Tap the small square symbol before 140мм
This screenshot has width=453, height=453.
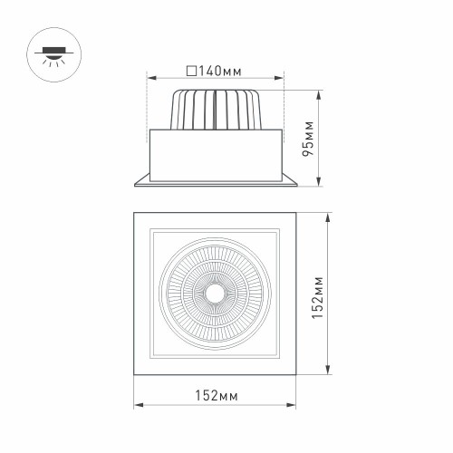click(190, 70)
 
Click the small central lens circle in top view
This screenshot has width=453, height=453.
click(216, 293)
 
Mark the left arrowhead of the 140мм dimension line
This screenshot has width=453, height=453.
click(150, 79)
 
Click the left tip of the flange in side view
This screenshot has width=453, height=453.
click(136, 186)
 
